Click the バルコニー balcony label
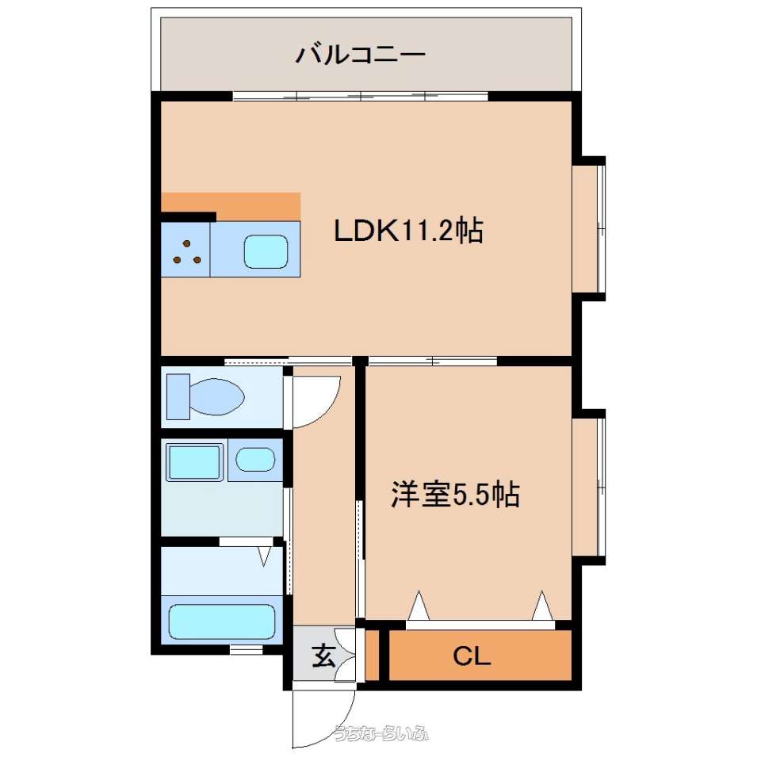(361, 55)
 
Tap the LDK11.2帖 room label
(409, 231)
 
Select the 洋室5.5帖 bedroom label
(455, 495)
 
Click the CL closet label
(472, 656)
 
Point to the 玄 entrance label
(323, 656)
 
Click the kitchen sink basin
(266, 251)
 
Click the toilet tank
(178, 396)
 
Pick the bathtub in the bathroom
(222, 621)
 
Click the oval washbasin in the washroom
(255, 459)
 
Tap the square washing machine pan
(195, 461)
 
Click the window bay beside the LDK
(589, 228)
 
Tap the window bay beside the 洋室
(589, 487)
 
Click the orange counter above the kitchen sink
(231, 207)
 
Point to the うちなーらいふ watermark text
(381, 733)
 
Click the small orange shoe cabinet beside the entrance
(372, 656)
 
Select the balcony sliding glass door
(361, 96)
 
